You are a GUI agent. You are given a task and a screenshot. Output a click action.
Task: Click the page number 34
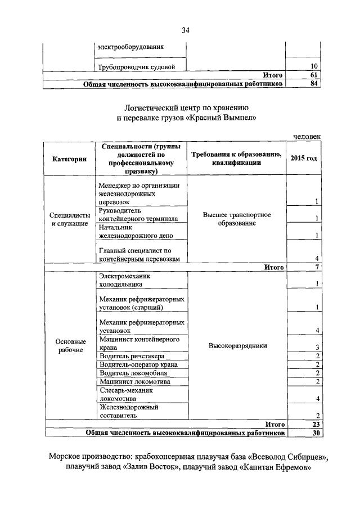click(x=186, y=30)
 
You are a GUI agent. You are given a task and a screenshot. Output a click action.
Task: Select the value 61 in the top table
click(x=314, y=75)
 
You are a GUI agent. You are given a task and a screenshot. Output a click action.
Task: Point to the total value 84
click(x=314, y=84)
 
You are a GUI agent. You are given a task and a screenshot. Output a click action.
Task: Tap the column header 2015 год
click(x=304, y=159)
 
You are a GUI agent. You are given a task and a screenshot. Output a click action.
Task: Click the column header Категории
click(x=69, y=159)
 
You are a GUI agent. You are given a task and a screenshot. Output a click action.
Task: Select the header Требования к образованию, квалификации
click(x=237, y=159)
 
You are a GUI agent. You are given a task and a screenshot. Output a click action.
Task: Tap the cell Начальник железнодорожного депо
click(x=138, y=232)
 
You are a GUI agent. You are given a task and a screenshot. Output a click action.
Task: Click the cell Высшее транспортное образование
click(x=237, y=219)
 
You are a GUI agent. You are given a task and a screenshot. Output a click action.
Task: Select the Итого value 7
click(x=317, y=267)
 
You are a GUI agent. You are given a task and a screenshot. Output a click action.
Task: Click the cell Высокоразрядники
click(x=237, y=346)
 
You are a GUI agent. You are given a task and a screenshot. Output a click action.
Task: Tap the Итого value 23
click(x=315, y=425)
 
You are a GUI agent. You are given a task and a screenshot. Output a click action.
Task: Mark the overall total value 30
click(x=315, y=433)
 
